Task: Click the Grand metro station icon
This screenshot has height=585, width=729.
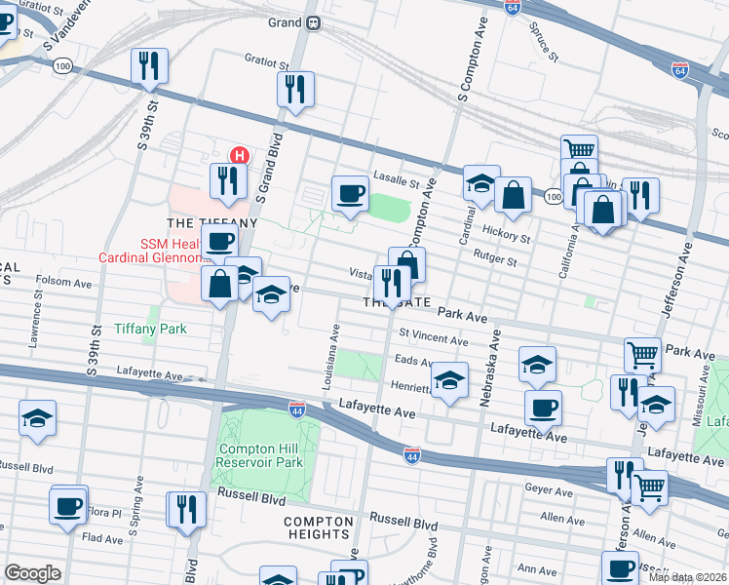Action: coord(313,22)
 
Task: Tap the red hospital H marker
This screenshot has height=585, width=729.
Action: coord(238,155)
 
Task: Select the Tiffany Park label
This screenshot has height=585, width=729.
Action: coord(150,329)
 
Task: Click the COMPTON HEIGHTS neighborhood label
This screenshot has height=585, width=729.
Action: coord(317,527)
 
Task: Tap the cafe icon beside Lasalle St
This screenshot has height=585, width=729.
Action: coord(349,193)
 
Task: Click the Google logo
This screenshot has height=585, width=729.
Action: coord(33,573)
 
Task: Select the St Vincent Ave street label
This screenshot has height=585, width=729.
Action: coord(433,338)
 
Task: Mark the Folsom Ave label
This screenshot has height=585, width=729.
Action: coord(62,283)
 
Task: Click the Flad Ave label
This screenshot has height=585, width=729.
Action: coord(102,536)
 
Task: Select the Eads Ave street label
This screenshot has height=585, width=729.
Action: coord(414,361)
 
